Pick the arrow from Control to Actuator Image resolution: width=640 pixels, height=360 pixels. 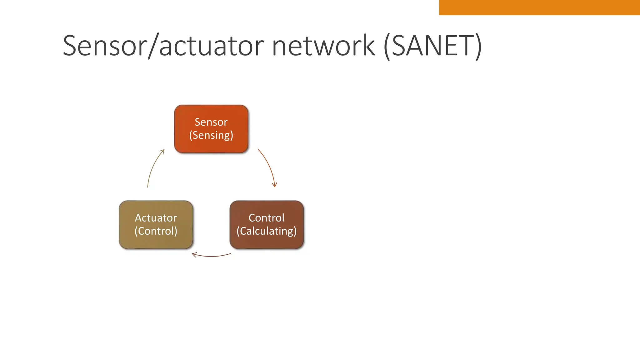tap(211, 256)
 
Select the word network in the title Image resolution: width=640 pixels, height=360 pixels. tap(323, 46)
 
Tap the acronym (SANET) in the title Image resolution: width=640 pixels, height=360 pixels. tap(432, 46)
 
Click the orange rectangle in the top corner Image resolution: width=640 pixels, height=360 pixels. tap(539, 7)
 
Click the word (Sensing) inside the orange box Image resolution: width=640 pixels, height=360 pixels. tap(211, 135)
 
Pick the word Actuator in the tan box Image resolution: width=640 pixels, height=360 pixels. tap(156, 218)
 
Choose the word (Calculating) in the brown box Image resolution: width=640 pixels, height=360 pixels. tap(266, 231)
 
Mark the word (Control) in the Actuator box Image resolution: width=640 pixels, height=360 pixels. tap(156, 231)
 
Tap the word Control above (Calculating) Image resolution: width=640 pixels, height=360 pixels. tap(266, 218)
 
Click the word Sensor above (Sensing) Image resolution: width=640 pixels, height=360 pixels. tap(211, 122)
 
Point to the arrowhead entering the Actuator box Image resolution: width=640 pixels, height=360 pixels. tap(194, 255)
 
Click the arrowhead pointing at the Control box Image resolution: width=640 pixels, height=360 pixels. tap(275, 185)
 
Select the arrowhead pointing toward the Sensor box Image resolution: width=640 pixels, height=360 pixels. tap(162, 152)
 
